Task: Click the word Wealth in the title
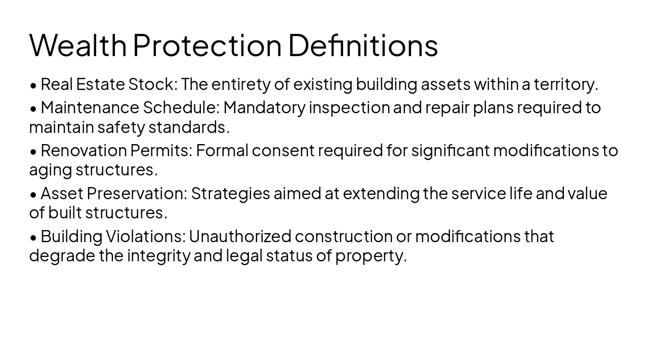click(x=78, y=44)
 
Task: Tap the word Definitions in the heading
click(x=363, y=44)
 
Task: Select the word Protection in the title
click(x=207, y=44)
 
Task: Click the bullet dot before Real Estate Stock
click(x=33, y=85)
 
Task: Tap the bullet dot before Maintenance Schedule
click(x=33, y=108)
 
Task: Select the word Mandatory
click(x=265, y=108)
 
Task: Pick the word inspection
click(x=349, y=108)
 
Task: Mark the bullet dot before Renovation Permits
click(x=33, y=151)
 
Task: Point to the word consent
click(x=283, y=151)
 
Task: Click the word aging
click(x=51, y=170)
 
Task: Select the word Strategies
click(x=230, y=194)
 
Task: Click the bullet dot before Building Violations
click(x=33, y=237)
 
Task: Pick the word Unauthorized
click(x=240, y=237)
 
